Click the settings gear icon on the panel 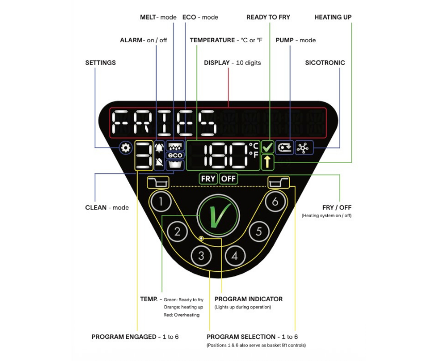(x=125, y=149)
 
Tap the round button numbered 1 (x=161, y=202)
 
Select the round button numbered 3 (x=201, y=255)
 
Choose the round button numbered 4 (x=235, y=255)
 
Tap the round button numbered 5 (x=259, y=231)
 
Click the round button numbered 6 (x=275, y=202)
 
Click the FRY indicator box (x=209, y=179)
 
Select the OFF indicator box (x=228, y=179)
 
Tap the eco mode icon (x=174, y=155)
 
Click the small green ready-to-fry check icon (x=267, y=147)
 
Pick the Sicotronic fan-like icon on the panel (x=304, y=148)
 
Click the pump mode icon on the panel (x=284, y=148)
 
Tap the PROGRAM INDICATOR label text (x=248, y=299)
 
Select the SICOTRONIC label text (x=325, y=63)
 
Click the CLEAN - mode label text (x=107, y=208)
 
